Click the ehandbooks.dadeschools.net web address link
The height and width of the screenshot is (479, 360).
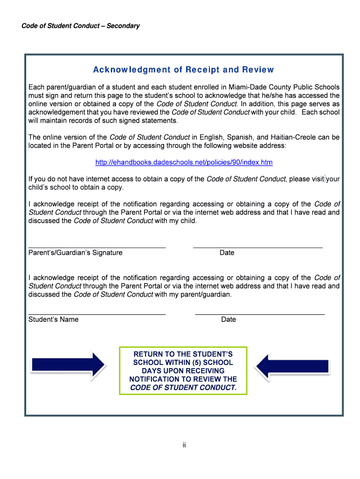point(184,162)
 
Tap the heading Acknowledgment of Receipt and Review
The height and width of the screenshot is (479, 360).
point(183,70)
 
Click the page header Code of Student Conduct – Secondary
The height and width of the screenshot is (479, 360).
point(80,26)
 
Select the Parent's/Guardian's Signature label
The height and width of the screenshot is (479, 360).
point(75,253)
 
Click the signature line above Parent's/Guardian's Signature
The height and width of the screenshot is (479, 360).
point(97,247)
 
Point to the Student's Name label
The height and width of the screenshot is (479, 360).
point(53,319)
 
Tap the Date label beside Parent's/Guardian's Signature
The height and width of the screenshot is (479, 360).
point(227,253)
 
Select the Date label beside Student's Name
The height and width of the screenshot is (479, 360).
point(229,319)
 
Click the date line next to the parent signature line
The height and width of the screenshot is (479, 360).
point(258,247)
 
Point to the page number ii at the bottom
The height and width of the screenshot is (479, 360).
point(184,445)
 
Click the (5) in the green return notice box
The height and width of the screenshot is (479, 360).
point(195,363)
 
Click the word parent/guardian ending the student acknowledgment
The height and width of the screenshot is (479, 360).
point(205,294)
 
